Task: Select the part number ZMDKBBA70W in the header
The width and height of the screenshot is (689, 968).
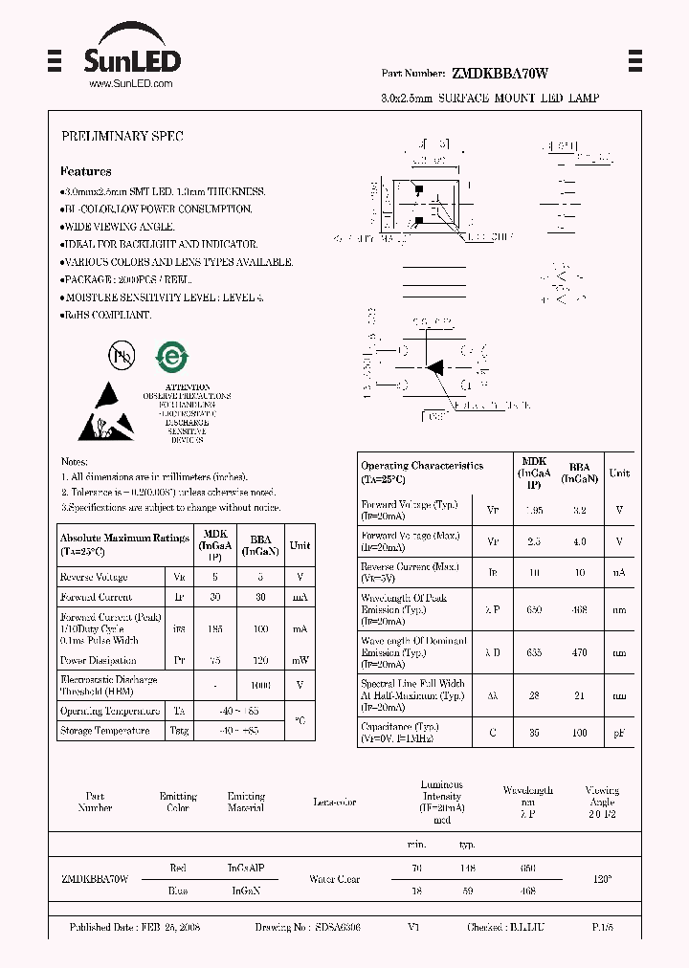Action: [499, 74]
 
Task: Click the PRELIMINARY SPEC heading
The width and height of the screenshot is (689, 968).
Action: [122, 137]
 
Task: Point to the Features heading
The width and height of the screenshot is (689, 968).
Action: [85, 172]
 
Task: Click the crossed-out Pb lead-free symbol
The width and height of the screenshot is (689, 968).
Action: [122, 356]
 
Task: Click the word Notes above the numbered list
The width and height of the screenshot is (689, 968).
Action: [74, 462]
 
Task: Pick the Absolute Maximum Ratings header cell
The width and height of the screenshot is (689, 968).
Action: [124, 544]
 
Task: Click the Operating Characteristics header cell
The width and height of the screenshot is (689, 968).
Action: [422, 472]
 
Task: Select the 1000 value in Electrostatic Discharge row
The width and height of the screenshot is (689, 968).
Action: [259, 686]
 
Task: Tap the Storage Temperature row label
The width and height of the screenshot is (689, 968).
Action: [104, 731]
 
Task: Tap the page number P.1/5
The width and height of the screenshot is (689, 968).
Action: [604, 928]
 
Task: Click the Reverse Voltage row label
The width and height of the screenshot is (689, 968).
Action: [94, 577]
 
